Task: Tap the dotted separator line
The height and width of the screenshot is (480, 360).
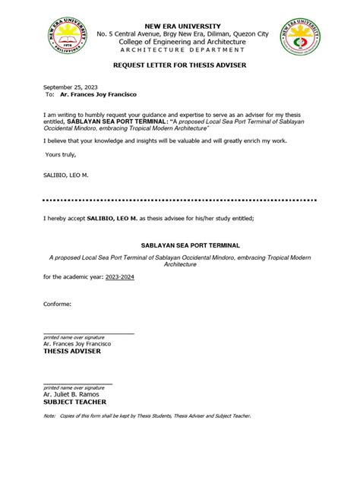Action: [180, 201]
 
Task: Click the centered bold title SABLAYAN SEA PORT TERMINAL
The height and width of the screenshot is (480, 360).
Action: [180, 246]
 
